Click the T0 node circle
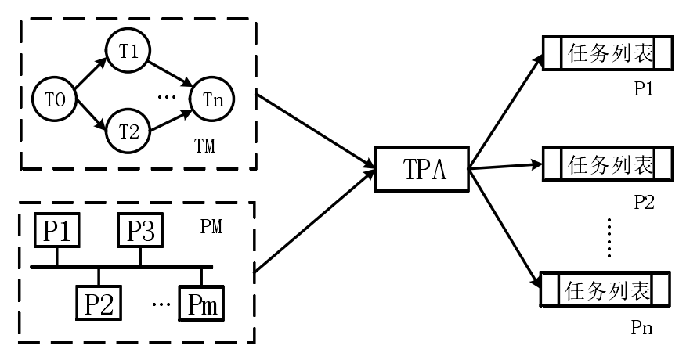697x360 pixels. click(x=52, y=99)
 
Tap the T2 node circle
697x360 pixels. click(x=128, y=131)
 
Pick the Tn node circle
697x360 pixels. click(x=212, y=99)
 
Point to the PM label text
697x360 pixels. click(x=211, y=228)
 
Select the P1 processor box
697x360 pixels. click(x=56, y=231)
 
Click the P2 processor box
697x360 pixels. click(x=99, y=301)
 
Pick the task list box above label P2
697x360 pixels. click(x=607, y=166)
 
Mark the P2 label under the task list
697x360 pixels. click(x=644, y=201)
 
